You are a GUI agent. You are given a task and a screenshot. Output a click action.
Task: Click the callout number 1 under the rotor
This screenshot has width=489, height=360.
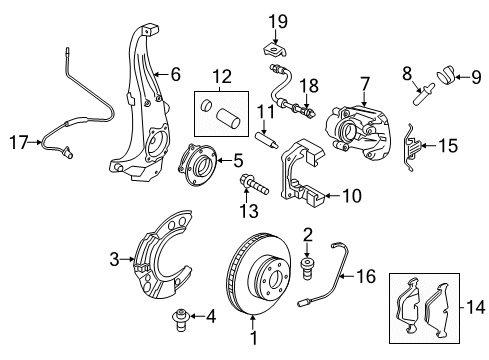(x=253, y=340)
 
